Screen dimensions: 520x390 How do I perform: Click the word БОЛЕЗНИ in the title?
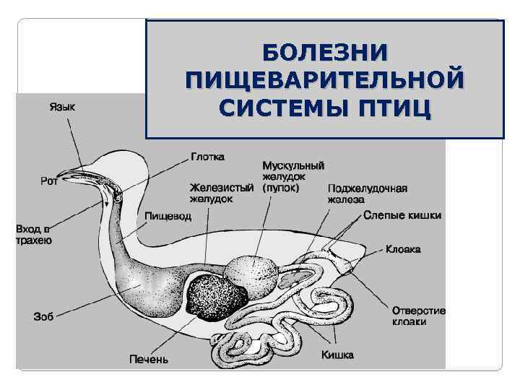pyautogui.click(x=324, y=53)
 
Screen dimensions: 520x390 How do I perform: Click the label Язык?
pyautogui.click(x=63, y=107)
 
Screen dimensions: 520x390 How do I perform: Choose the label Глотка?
pyautogui.click(x=208, y=156)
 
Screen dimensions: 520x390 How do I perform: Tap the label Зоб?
pyautogui.click(x=44, y=316)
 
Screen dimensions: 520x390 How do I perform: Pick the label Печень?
pyautogui.click(x=149, y=358)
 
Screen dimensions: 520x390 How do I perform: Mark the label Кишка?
pyautogui.click(x=337, y=355)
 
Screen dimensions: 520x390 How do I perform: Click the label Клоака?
pyautogui.click(x=403, y=249)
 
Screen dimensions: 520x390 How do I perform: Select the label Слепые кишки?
pyautogui.click(x=402, y=215)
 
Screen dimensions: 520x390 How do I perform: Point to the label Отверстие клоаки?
pyautogui.click(x=419, y=316)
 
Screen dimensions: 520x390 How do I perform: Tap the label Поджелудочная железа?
pyautogui.click(x=367, y=194)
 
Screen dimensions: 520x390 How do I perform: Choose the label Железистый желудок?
pyautogui.click(x=222, y=194)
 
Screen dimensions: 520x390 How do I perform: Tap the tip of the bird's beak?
pyautogui.click(x=61, y=175)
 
